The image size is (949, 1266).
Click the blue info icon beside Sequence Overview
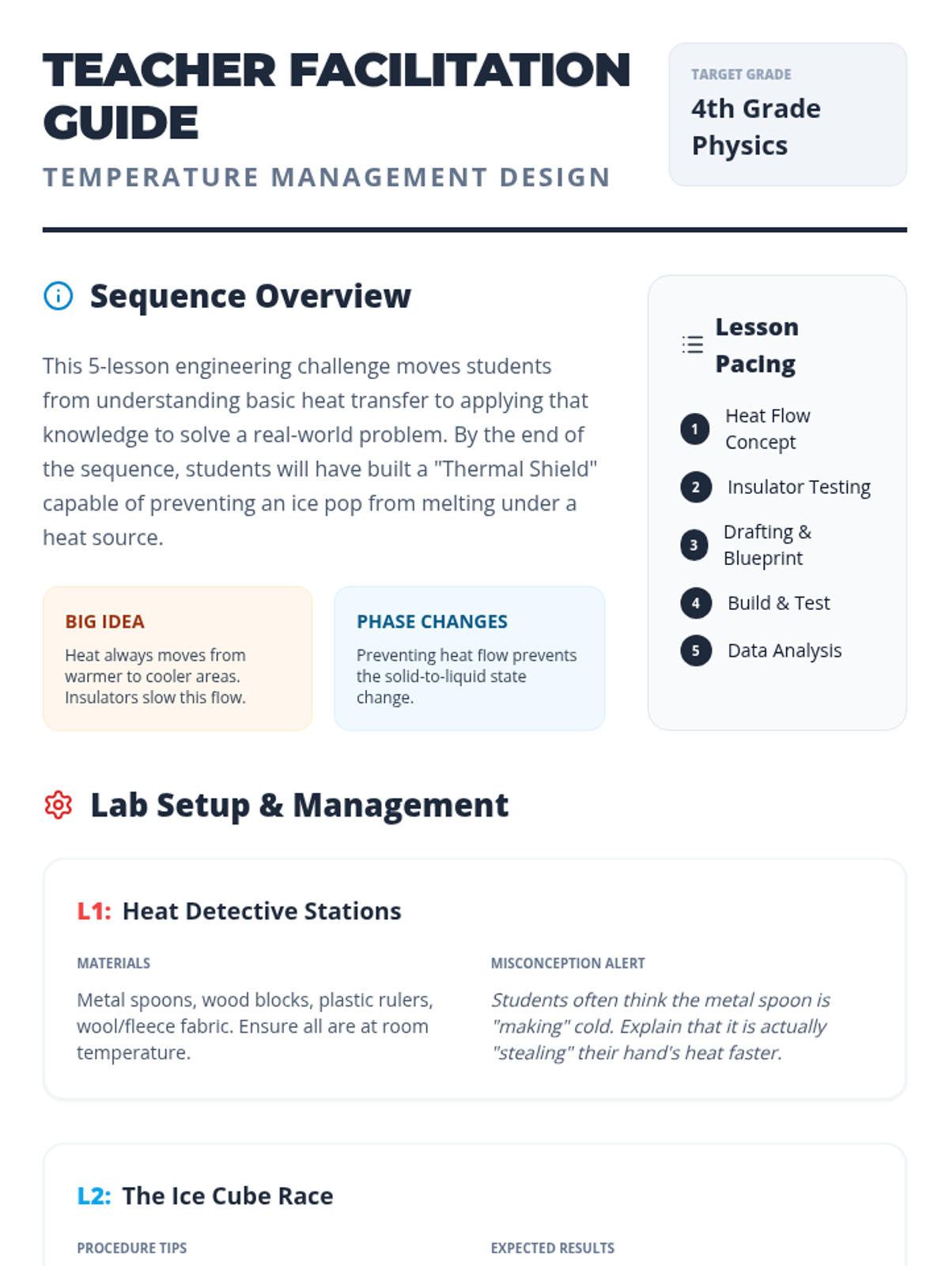pos(59,296)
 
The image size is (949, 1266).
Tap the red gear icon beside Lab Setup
pos(59,805)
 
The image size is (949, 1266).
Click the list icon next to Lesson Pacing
pos(692,344)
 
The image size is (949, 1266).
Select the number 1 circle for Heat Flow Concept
pos(695,429)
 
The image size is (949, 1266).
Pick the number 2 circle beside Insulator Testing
pos(695,487)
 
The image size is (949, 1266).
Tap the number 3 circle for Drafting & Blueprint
pos(694,545)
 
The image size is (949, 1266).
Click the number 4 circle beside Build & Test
pos(695,603)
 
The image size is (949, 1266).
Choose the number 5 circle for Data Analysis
pos(695,650)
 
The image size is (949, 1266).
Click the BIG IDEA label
pos(105,622)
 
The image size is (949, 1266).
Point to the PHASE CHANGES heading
pos(432,622)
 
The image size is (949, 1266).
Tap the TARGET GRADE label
pos(741,74)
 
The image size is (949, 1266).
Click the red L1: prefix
pos(94,912)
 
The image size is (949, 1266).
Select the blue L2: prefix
pos(94,1196)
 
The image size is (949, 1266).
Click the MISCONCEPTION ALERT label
pos(568,963)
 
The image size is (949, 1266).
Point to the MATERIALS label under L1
pos(114,963)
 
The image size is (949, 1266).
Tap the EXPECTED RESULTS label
pos(553,1248)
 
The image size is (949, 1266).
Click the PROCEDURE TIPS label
pos(132,1248)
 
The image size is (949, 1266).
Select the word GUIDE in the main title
pos(121,123)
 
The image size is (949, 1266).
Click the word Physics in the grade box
pos(740,146)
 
